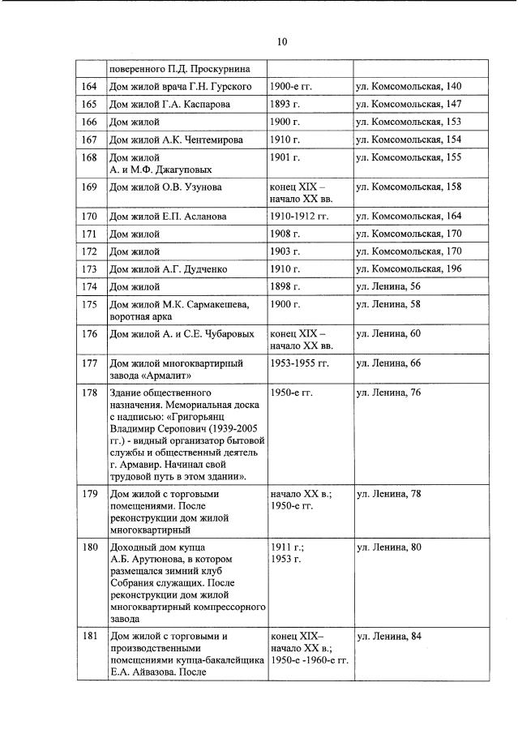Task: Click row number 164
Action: (x=90, y=86)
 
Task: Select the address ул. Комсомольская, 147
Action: (x=409, y=104)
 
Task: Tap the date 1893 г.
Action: (x=285, y=104)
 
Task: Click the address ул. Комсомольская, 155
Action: (x=409, y=157)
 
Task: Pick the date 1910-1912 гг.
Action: (x=299, y=217)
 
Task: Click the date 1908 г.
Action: (x=285, y=234)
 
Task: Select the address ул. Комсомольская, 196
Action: (x=409, y=268)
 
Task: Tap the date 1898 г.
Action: (x=285, y=286)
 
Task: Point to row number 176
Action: (x=90, y=333)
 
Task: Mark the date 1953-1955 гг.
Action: (x=299, y=363)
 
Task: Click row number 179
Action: (x=90, y=493)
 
